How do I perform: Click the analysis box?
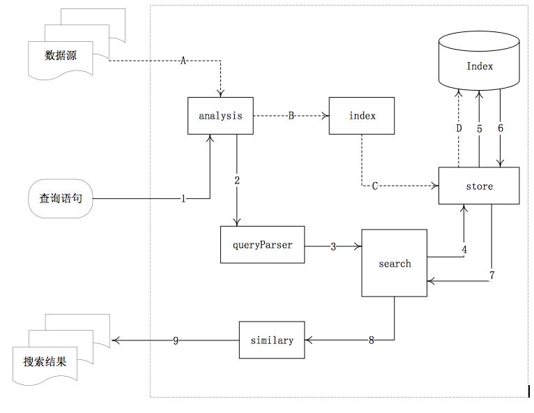220,116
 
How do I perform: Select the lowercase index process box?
362,116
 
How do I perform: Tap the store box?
479,186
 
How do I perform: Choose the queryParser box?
262,245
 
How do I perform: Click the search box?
394,263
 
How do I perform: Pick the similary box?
272,340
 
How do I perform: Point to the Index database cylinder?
479,61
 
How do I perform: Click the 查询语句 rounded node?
61,198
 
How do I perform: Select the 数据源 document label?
60,55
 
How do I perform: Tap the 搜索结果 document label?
45,361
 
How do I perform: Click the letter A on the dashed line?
183,61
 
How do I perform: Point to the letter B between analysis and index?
291,116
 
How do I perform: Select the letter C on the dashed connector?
374,186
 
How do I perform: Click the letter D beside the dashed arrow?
459,128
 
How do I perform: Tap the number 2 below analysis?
237,180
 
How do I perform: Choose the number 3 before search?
333,246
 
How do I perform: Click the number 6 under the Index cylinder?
501,128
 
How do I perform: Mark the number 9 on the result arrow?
176,340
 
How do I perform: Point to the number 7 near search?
491,275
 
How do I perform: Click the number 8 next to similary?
371,340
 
